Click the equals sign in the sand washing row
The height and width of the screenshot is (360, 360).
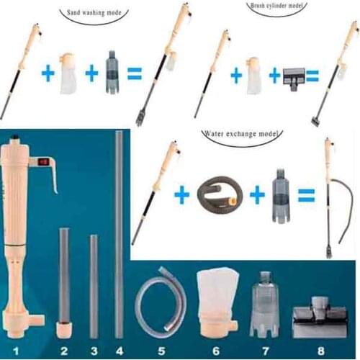(x=134, y=73)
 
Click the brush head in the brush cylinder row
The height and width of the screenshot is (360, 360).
(x=298, y=76)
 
